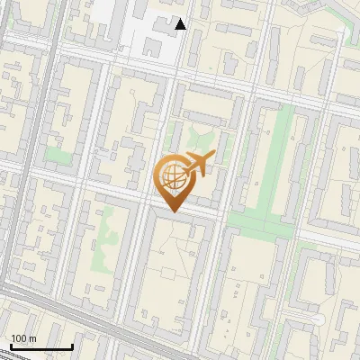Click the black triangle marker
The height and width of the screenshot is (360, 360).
[x=181, y=24]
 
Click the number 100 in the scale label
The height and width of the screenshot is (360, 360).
[x=20, y=338]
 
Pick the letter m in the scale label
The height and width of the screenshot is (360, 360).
[x=33, y=338]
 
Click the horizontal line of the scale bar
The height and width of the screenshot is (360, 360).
[x=40, y=347]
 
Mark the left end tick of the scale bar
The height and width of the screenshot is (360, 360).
[x=10, y=346]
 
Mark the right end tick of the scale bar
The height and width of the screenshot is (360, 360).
[x=72, y=346]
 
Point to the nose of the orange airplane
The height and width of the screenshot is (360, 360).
[x=211, y=157]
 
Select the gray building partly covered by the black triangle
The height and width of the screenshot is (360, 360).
[x=171, y=22]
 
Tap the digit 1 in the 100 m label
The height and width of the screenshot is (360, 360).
[x=13, y=338]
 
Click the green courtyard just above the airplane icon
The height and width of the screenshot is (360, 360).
[x=204, y=140]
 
